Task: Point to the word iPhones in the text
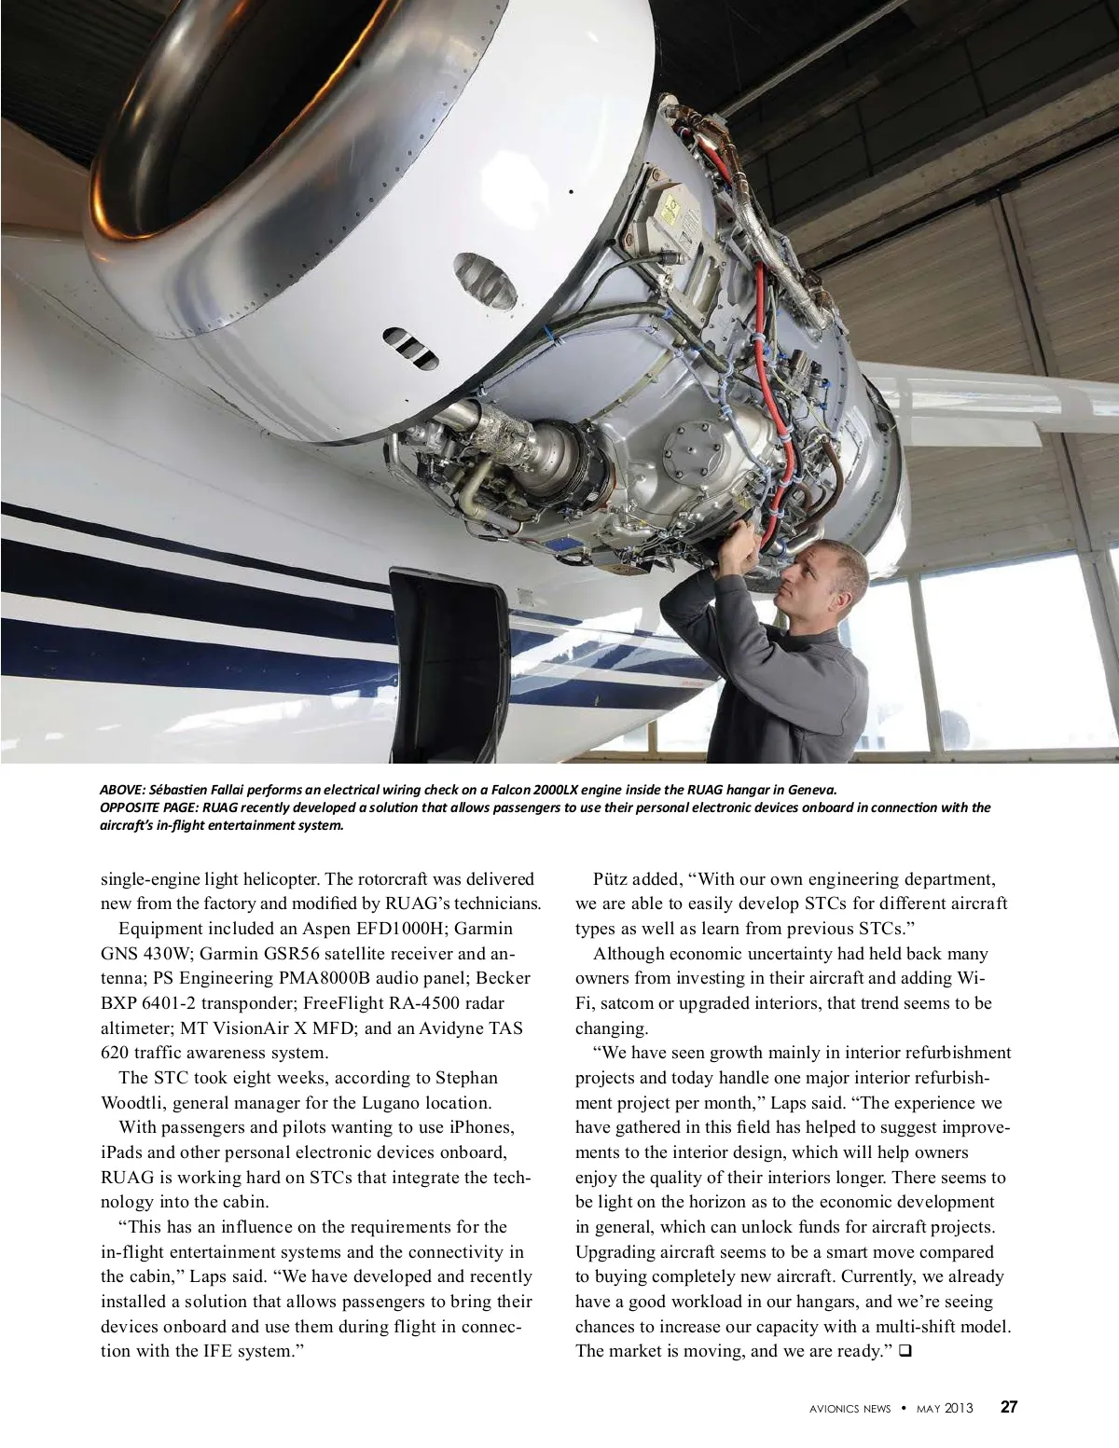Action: (481, 1127)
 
